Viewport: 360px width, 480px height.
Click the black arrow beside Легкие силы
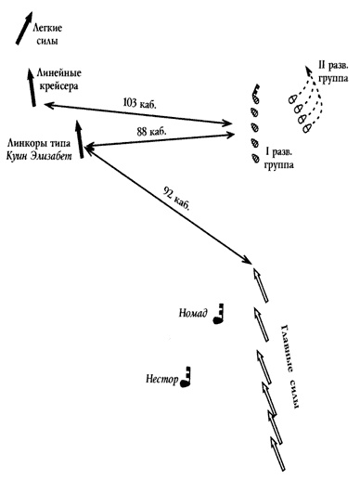[24, 28]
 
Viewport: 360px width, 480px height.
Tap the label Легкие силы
[47, 34]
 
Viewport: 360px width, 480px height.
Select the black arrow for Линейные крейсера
[32, 87]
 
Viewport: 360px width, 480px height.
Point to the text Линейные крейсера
[58, 80]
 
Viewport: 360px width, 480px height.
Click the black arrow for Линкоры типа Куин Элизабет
[80, 139]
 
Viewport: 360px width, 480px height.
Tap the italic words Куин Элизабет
[39, 156]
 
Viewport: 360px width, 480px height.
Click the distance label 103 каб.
[140, 102]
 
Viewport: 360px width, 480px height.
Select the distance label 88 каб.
[151, 132]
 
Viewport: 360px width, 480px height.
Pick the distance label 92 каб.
[175, 198]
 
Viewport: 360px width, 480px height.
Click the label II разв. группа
[333, 71]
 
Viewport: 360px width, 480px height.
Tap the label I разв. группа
[279, 158]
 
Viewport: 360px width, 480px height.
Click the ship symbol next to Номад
[219, 314]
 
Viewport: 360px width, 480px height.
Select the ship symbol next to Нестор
[186, 377]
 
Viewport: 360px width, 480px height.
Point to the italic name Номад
[193, 313]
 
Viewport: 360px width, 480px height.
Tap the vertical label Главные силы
[289, 367]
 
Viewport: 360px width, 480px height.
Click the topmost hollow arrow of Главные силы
[261, 285]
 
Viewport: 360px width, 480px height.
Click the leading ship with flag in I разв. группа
[255, 95]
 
